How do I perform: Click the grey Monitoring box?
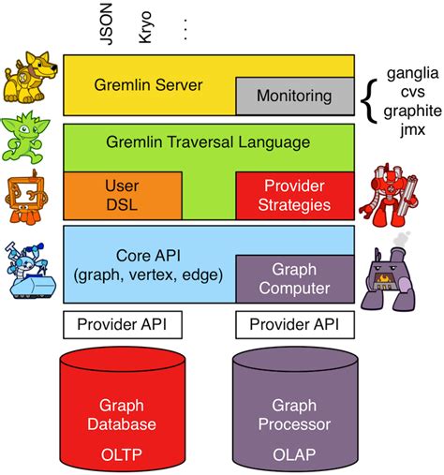coord(295,96)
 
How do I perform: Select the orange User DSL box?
coord(123,196)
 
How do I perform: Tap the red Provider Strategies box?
coord(295,196)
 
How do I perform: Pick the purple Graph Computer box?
coord(295,279)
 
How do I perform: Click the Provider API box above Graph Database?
coord(123,324)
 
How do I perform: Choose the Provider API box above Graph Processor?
coord(295,324)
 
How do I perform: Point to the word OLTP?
coord(122,454)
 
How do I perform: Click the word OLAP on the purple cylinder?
coord(294,454)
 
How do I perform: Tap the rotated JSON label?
coord(106,24)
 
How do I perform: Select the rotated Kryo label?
coord(145,27)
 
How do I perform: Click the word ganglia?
coord(413,74)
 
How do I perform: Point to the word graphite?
coord(413,111)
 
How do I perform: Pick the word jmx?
coord(413,129)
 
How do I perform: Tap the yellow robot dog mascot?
coord(30,78)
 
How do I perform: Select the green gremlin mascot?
coord(25,137)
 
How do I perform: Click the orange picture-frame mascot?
coord(26,198)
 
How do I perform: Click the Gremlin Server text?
coord(148,85)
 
